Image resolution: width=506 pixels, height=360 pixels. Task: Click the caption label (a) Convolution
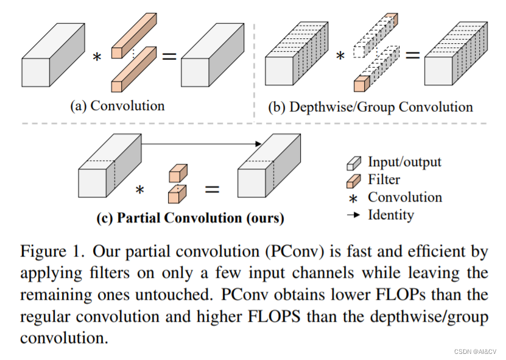[x=118, y=106]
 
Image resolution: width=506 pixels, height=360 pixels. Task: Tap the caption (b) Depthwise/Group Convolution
[x=370, y=107]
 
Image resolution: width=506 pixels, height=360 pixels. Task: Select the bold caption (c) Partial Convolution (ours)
[x=191, y=218]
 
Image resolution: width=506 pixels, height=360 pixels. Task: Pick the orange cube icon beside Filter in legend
[x=353, y=180]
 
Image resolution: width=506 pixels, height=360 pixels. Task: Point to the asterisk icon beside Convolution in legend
[x=353, y=199]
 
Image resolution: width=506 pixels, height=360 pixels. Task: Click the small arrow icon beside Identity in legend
[x=353, y=215]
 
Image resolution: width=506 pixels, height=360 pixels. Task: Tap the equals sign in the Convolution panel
[x=169, y=57]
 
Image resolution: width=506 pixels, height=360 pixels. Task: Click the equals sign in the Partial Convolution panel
[x=211, y=189]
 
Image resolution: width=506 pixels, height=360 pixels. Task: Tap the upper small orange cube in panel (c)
[x=177, y=172]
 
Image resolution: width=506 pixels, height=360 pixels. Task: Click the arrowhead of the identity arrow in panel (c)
[x=258, y=144]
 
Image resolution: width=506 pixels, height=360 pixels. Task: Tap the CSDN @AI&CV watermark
[x=474, y=353]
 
